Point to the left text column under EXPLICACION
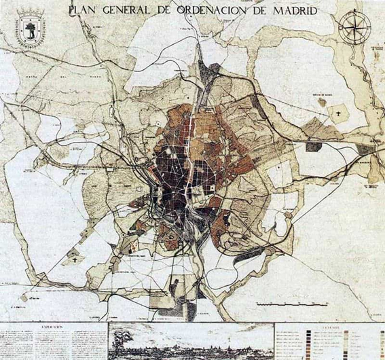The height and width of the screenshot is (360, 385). [27, 344]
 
